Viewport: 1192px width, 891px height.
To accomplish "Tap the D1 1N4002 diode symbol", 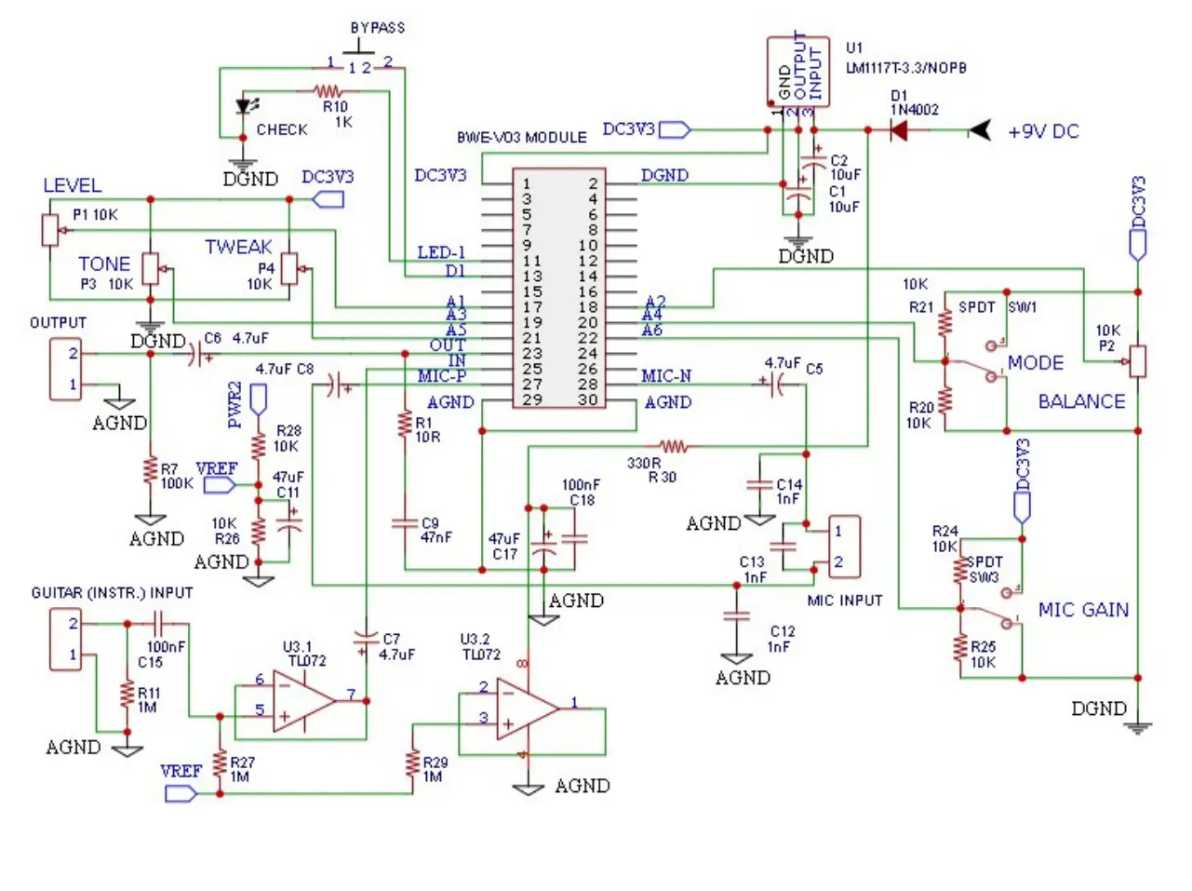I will pyautogui.click(x=898, y=130).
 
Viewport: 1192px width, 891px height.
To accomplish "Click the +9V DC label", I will pyautogui.click(x=1043, y=132).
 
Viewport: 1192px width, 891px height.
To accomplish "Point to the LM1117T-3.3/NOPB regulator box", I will pyautogui.click(x=797, y=72).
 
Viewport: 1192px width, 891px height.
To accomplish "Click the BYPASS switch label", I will pyautogui.click(x=377, y=28).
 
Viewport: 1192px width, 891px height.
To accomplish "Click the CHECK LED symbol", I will pyautogui.click(x=245, y=107).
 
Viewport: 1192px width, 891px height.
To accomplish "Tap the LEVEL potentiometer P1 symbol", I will pyautogui.click(x=51, y=229).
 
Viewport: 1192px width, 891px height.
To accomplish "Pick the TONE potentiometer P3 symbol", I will pyautogui.click(x=151, y=269).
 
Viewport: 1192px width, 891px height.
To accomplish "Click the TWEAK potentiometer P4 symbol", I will pyautogui.click(x=289, y=268).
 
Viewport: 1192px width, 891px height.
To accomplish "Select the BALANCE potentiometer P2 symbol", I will pyautogui.click(x=1136, y=361).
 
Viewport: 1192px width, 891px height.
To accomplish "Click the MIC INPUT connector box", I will pyautogui.click(x=845, y=547).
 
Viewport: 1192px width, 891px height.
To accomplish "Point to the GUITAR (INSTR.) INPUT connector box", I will pyautogui.click(x=66, y=639).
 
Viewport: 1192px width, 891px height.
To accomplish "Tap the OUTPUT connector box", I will pyautogui.click(x=66, y=369).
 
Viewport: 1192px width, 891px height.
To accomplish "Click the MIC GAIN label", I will pyautogui.click(x=1083, y=610).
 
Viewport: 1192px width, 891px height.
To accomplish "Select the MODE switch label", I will pyautogui.click(x=1035, y=363).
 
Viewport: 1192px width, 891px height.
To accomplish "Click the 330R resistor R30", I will pyautogui.click(x=674, y=447).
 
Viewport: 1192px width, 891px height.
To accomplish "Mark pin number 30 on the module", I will pyautogui.click(x=587, y=399).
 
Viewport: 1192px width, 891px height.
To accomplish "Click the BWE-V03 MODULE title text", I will pyautogui.click(x=521, y=138).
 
